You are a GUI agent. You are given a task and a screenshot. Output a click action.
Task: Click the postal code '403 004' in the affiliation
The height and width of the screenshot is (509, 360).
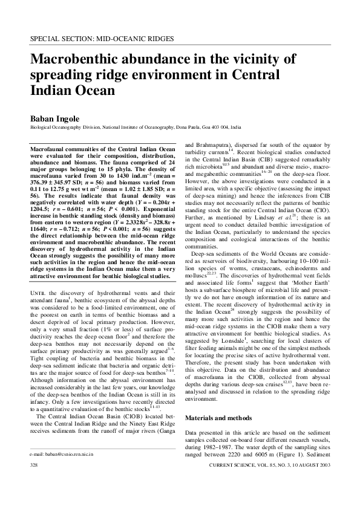pyautogui.click(x=221, y=128)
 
